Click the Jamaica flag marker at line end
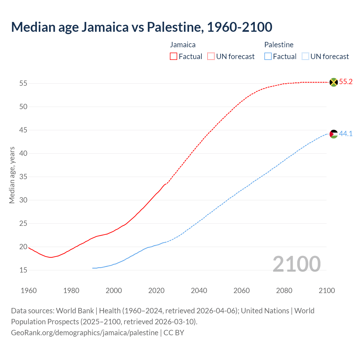click(x=334, y=82)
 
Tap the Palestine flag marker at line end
click(x=334, y=134)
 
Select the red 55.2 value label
click(x=346, y=82)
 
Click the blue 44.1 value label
click(x=346, y=134)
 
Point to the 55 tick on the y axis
click(x=23, y=84)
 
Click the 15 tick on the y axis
click(x=23, y=270)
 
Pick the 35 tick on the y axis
click(x=23, y=177)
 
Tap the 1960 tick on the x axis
click(x=29, y=291)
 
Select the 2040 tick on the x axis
click(x=199, y=291)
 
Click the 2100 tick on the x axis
click(x=327, y=291)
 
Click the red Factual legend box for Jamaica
click(x=174, y=57)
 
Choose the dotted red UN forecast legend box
click(x=211, y=57)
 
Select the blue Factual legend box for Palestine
click(x=268, y=57)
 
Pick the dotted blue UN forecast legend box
click(x=305, y=57)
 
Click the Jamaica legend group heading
click(x=183, y=45)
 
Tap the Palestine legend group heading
click(x=279, y=45)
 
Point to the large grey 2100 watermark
click(x=296, y=264)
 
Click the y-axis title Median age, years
click(x=12, y=175)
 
